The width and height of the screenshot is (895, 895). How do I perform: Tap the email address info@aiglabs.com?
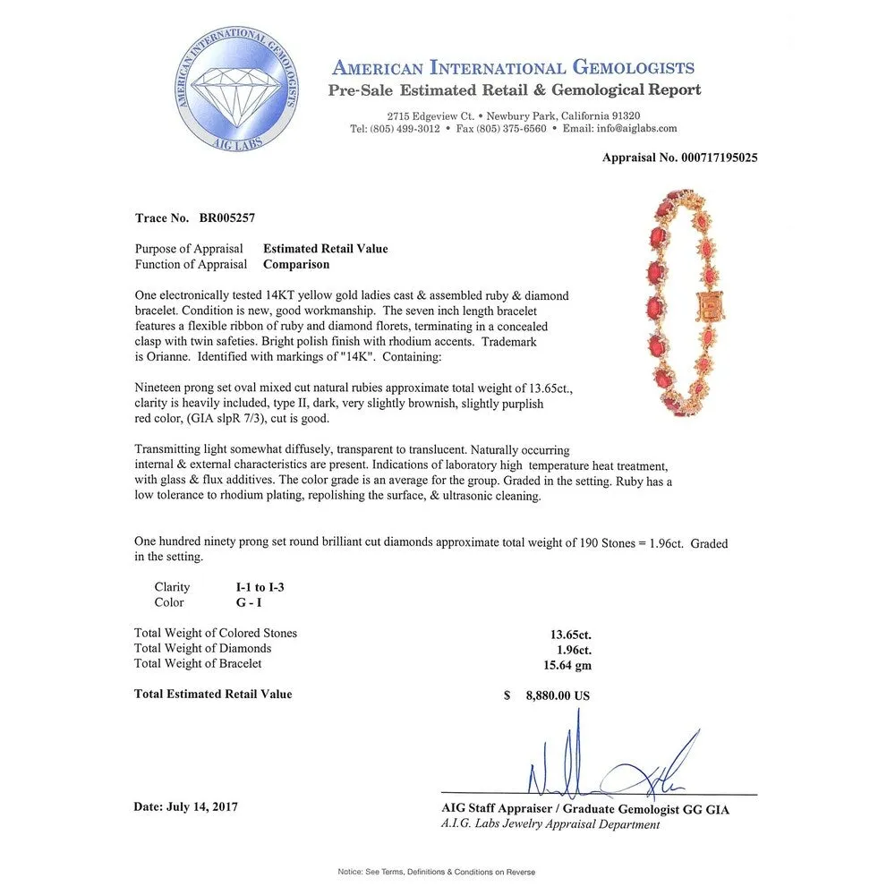tap(633, 129)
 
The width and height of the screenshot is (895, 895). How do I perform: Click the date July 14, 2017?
tap(185, 806)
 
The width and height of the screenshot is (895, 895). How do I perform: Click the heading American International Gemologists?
tap(513, 68)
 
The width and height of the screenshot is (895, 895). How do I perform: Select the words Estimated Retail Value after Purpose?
tap(326, 249)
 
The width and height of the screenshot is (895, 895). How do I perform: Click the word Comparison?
tap(296, 264)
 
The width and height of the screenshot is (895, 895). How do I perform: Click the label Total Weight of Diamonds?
tap(202, 648)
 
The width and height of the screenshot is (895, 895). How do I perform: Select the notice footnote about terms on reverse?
tap(437, 871)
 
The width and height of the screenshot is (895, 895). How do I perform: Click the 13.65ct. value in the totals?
tap(570, 635)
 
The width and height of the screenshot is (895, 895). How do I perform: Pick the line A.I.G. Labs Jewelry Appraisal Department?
tap(550, 824)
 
